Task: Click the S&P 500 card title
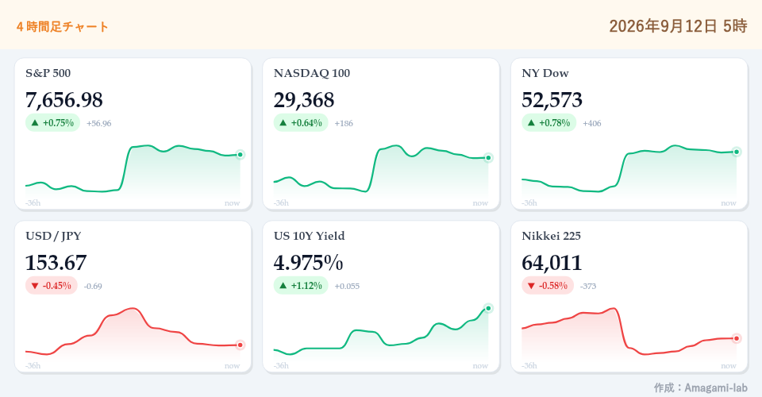48,73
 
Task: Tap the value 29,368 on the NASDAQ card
304,100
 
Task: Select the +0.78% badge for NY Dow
548,123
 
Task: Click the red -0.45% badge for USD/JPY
52,286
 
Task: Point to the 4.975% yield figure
308,263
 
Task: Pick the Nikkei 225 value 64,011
552,263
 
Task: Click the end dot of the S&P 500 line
240,155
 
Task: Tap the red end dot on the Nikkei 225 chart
737,338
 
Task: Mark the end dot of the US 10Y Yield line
488,308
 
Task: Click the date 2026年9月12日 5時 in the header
678,25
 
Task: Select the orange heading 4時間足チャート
62,26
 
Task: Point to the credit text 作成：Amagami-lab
700,387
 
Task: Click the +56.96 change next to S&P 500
98,123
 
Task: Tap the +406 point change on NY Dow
592,123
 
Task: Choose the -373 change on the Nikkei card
588,286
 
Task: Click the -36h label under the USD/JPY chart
33,365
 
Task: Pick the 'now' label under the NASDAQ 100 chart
480,203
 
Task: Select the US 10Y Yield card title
309,236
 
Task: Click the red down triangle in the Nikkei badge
531,286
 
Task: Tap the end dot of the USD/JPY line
240,345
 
